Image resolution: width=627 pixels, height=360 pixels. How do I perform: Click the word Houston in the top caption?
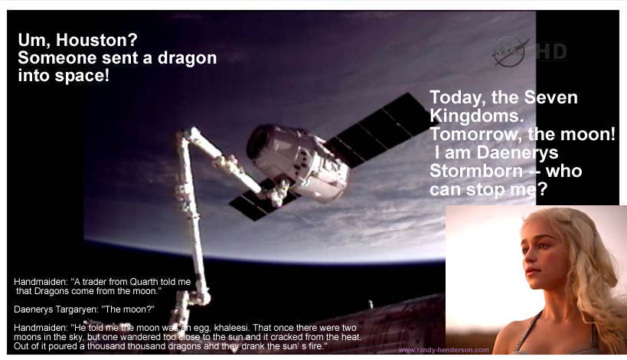coord(96,40)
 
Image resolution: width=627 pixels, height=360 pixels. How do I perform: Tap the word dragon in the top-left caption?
coord(187,59)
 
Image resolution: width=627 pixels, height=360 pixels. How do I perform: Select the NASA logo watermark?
coord(509,51)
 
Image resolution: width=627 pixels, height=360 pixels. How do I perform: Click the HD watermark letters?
coord(551,51)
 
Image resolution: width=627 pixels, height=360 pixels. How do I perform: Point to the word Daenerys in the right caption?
coord(517,152)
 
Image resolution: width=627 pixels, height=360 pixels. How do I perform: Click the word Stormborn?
coord(476,172)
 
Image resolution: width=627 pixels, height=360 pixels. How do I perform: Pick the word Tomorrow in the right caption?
coord(475,134)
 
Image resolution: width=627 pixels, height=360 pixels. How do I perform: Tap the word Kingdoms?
coord(476,116)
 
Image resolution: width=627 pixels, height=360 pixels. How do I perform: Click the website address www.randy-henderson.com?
coord(443,350)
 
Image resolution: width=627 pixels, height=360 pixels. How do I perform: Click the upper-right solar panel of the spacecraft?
coord(378,129)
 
